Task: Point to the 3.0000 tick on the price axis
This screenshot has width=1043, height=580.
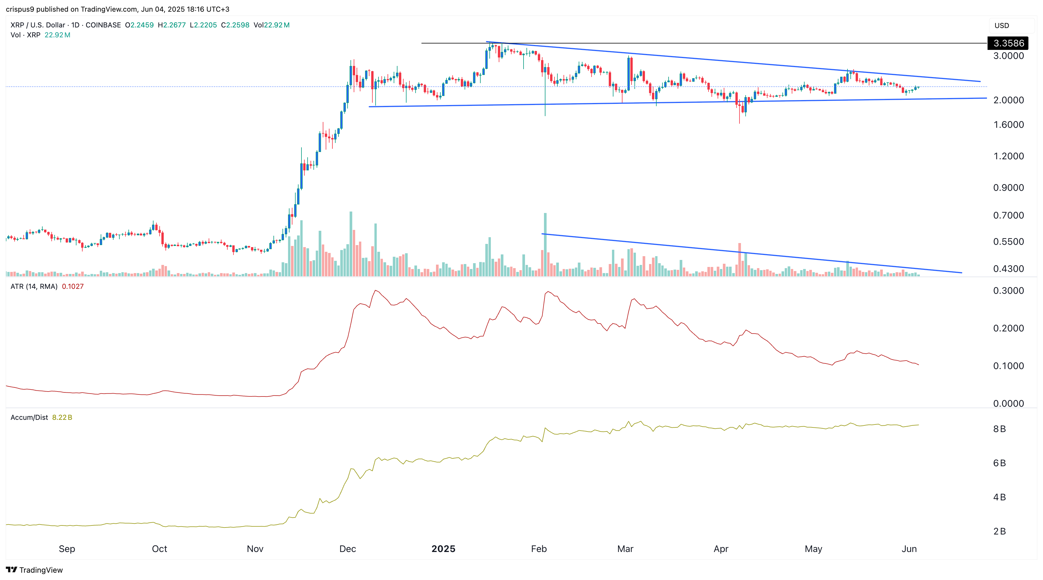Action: [x=1008, y=56]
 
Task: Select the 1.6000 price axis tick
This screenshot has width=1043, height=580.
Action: [x=1008, y=125]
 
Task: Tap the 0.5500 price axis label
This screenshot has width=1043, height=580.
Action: [x=1008, y=242]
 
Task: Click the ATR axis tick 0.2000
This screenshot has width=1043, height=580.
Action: [x=1008, y=328]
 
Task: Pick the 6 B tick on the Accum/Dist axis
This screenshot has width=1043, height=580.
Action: [x=999, y=463]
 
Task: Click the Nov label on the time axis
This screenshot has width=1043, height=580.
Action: [x=255, y=549]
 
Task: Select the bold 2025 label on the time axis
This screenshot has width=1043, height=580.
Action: [x=443, y=549]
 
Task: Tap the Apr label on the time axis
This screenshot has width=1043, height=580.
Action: [x=721, y=549]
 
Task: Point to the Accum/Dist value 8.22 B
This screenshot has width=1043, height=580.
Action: [x=62, y=417]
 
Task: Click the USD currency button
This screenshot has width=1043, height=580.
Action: [x=1002, y=25]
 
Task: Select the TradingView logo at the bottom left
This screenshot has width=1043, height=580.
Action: [x=34, y=570]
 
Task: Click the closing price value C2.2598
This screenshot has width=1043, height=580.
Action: [x=235, y=25]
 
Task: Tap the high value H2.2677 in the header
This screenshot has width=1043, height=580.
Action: [x=172, y=25]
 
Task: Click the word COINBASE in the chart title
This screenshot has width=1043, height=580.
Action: [x=103, y=25]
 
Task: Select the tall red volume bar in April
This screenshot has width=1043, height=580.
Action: [x=739, y=259]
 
